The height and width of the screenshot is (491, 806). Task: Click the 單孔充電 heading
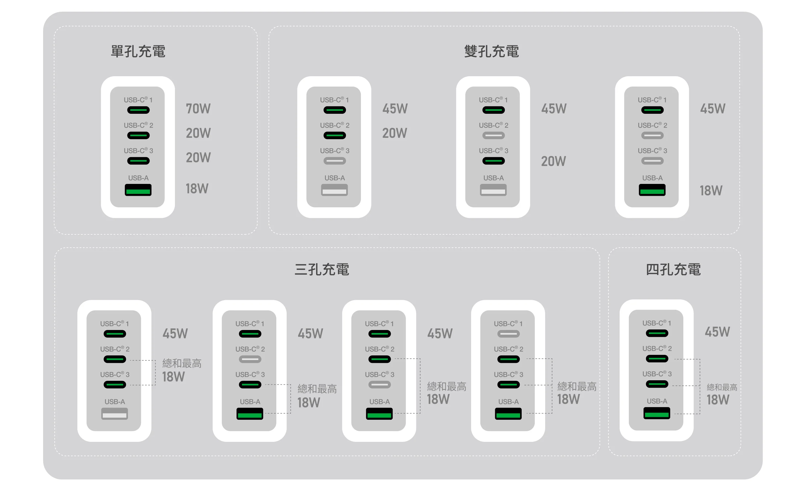point(138,52)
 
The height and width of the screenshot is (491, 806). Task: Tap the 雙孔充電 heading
point(491,52)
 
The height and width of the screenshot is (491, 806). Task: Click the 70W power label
point(198,109)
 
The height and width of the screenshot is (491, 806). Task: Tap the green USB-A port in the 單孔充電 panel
point(138,190)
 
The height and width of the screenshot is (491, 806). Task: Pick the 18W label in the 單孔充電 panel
point(197,189)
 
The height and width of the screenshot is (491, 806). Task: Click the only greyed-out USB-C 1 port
point(508,334)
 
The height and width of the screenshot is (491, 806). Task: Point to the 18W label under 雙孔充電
point(711,191)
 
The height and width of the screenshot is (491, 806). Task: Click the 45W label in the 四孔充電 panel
point(717,332)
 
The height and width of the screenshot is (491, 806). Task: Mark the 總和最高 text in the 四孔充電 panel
point(722,387)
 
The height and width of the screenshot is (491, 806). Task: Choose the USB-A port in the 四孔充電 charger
point(657,413)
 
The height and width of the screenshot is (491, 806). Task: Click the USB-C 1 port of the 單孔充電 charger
point(138,110)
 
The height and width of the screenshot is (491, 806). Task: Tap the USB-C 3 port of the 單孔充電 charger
point(138,161)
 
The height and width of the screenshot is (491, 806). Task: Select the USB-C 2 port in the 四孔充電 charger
point(657,359)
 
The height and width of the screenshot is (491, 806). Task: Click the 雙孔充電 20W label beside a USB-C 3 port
point(553,162)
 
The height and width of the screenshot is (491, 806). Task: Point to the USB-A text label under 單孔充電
point(138,178)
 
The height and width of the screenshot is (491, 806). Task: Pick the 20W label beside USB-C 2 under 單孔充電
point(198,133)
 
